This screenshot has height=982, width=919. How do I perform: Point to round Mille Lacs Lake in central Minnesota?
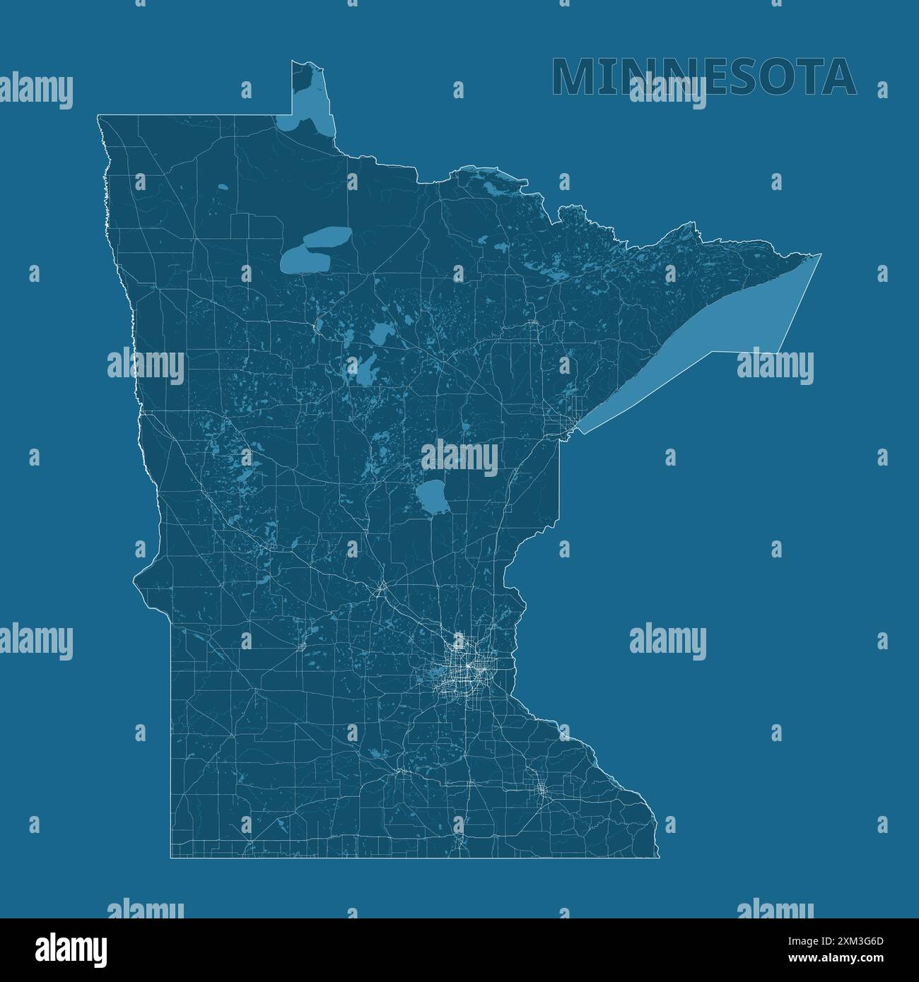click(x=432, y=497)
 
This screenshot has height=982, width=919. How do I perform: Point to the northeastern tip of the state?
click(x=820, y=254)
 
